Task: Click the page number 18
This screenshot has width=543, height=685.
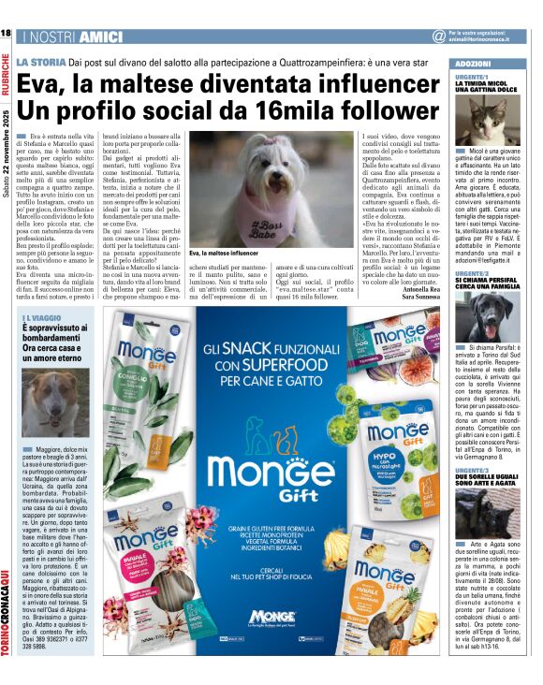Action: (x=7, y=34)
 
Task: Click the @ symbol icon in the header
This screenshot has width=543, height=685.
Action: (x=438, y=36)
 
